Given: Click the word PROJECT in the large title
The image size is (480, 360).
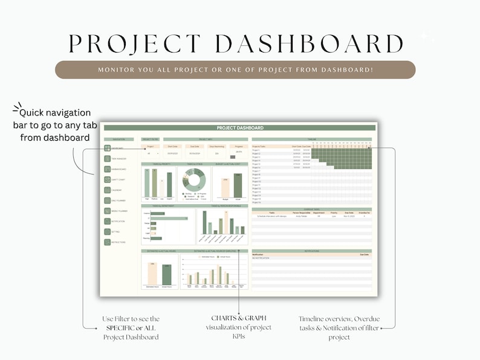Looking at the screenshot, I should point(135,43).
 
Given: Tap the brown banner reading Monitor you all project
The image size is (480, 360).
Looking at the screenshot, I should point(235,70).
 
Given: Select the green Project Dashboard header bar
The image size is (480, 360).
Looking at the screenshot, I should point(239,128).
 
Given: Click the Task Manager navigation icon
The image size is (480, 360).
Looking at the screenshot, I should point(107,159).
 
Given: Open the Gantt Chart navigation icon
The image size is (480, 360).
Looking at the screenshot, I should point(107,179).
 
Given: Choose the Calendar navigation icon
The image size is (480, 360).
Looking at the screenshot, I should point(107,190).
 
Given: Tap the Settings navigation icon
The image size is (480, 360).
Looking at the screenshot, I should point(107,232).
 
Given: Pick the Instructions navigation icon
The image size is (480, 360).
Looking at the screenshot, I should point(107,242).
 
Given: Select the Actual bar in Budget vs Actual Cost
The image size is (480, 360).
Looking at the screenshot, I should point(238,186).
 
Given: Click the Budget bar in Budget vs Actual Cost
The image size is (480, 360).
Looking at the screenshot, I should point(225,188).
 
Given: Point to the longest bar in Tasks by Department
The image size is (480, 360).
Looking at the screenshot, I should point(169,218).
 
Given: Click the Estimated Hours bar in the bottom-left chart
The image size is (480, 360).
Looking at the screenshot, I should point(152,274).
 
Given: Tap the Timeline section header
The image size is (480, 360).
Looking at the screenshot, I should point(312,138).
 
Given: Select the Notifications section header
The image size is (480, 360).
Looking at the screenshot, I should point(312,251).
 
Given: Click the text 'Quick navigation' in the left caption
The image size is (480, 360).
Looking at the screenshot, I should point(55,113).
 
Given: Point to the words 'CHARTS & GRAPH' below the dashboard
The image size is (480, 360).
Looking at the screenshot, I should point(239,318).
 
